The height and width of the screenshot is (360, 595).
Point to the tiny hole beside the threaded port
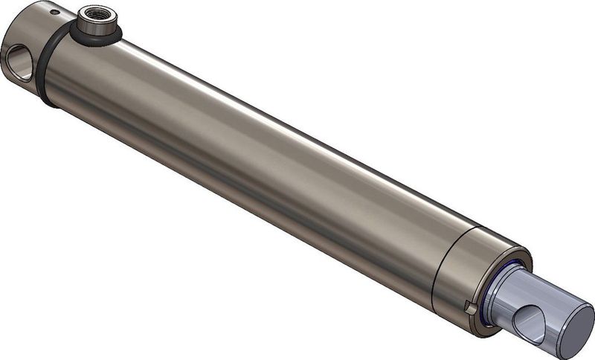pos(53,12)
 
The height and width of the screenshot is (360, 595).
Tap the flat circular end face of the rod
pos(573,327)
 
